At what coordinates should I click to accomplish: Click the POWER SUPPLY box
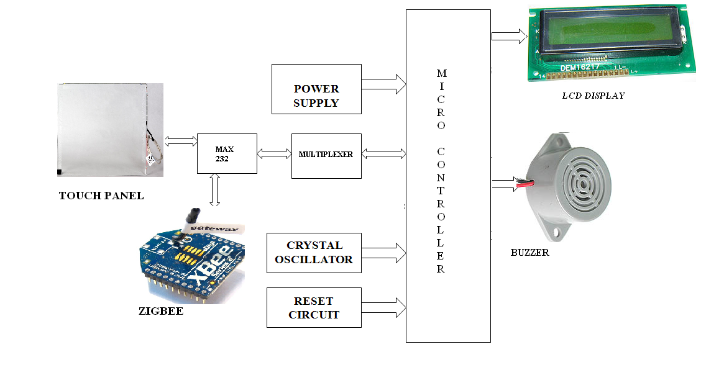pyautogui.click(x=316, y=89)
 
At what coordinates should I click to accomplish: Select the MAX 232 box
pyautogui.click(x=227, y=153)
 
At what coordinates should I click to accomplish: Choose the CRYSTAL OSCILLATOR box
pyautogui.click(x=314, y=252)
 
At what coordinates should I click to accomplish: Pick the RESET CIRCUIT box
pyautogui.click(x=314, y=307)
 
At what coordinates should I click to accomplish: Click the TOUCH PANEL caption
pyautogui.click(x=101, y=196)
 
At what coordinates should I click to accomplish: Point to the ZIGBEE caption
pyautogui.click(x=161, y=311)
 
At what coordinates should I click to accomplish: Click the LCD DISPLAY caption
pyautogui.click(x=593, y=96)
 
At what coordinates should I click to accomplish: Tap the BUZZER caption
pyautogui.click(x=529, y=253)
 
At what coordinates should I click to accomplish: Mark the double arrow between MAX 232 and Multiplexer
pyautogui.click(x=274, y=153)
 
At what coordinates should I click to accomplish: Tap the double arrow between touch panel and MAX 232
pyautogui.click(x=180, y=142)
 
